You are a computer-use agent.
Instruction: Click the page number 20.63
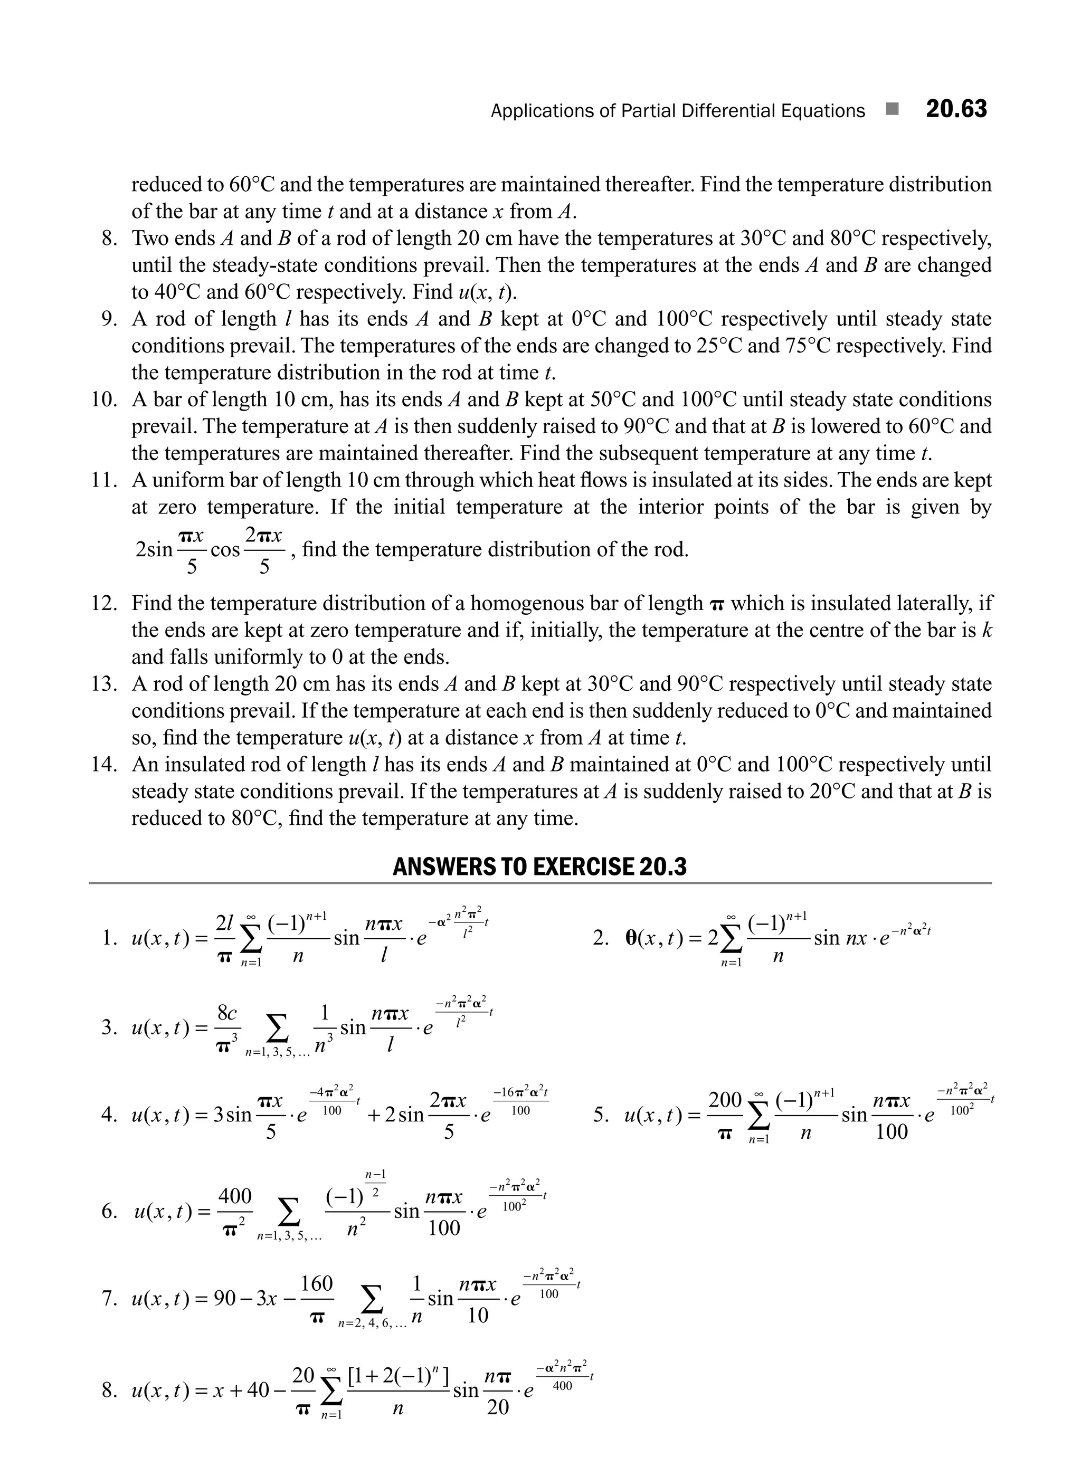(956, 109)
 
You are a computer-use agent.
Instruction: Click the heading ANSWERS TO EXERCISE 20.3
(540, 866)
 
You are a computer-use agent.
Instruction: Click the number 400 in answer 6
(234, 1195)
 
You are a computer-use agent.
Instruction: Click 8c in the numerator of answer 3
(227, 1013)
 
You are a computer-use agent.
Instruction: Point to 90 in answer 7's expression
(226, 1299)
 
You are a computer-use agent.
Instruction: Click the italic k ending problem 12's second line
(988, 630)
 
